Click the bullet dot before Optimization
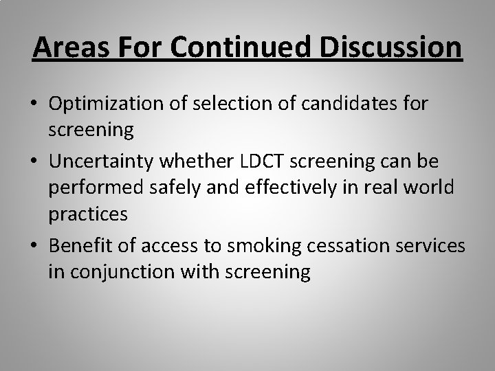click(34, 105)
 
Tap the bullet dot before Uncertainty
click(34, 160)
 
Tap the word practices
click(88, 214)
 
